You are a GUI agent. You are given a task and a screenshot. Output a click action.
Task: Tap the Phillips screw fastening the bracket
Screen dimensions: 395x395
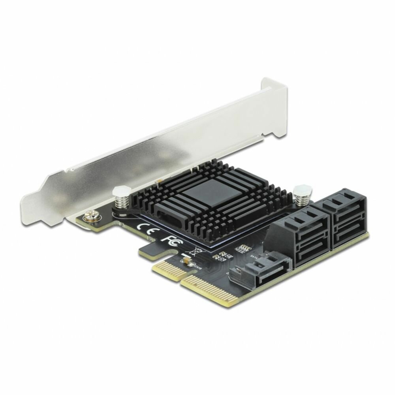(x=87, y=217)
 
